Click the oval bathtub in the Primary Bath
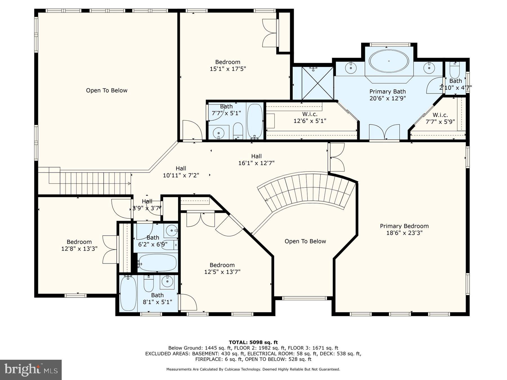point(389,61)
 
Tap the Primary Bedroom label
point(404,226)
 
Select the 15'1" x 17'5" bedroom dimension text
point(228,69)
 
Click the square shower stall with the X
point(317,83)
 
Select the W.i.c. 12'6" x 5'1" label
point(310,118)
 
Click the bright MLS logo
point(31,370)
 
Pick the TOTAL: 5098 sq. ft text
point(253,342)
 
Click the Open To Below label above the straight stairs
point(106,90)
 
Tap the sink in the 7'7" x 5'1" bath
point(218,132)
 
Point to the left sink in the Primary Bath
point(351,68)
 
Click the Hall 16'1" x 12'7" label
point(256,160)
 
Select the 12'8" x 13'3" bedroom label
point(79,245)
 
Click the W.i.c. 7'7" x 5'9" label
point(440,118)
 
